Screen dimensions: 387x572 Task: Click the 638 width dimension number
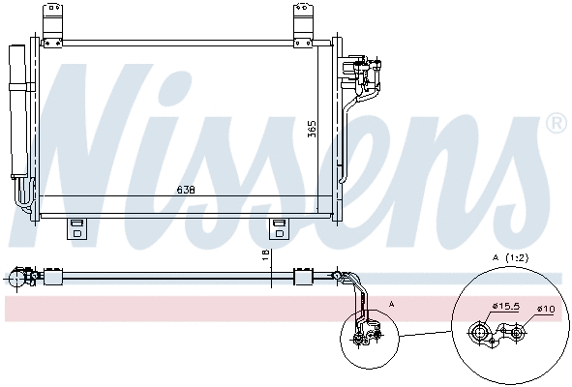[x=185, y=190]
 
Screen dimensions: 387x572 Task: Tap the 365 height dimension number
[x=312, y=129]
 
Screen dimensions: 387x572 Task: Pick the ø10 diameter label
[x=547, y=309]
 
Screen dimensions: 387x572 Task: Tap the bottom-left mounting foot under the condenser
[x=75, y=228]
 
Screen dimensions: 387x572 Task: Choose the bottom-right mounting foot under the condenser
[x=280, y=228]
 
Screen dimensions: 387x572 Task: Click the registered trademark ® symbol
[x=556, y=124]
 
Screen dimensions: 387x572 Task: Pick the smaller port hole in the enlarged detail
[x=517, y=334]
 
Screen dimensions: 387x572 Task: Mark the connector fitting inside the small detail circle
[x=365, y=335]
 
